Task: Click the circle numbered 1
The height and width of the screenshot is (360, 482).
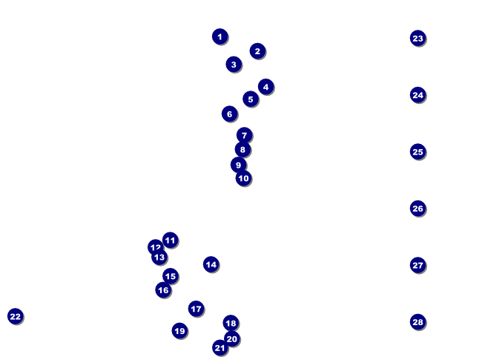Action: (219, 36)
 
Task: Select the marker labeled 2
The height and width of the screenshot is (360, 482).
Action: (257, 51)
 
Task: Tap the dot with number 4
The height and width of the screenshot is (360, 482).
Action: (266, 87)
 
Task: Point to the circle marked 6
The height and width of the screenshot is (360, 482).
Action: (229, 114)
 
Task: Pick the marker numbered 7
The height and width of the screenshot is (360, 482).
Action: (245, 135)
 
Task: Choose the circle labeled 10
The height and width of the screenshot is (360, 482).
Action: (244, 178)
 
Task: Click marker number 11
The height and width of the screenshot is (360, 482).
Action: (171, 240)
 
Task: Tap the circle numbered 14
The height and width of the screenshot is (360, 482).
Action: (211, 264)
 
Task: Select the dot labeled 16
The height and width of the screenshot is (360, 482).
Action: (163, 289)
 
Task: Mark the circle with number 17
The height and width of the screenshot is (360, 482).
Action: (196, 309)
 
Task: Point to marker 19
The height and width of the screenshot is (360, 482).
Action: (180, 331)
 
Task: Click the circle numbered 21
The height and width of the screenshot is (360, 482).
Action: (220, 347)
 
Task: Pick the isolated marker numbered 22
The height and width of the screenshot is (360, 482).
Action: (16, 316)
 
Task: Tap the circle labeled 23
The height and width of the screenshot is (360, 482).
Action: (418, 39)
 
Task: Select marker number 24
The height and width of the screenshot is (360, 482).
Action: (418, 95)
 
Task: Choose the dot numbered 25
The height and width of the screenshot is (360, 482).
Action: (418, 151)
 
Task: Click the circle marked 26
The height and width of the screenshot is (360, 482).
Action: (418, 209)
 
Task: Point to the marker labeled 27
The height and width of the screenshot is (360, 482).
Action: (418, 265)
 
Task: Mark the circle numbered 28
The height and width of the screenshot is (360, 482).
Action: (418, 322)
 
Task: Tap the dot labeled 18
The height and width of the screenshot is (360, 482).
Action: (231, 323)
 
